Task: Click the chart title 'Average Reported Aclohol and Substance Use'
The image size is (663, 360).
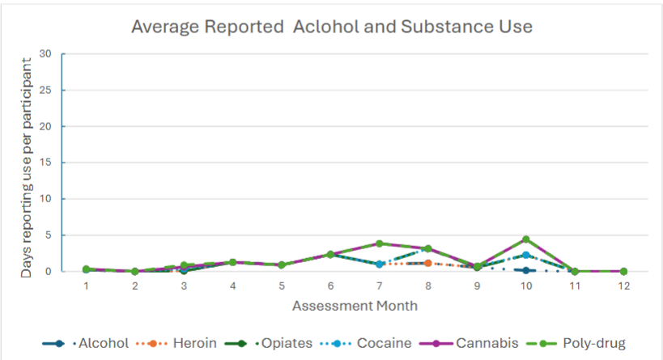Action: (332, 26)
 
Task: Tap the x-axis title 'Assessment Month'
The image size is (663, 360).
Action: (355, 306)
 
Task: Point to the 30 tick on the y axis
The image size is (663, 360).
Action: (45, 54)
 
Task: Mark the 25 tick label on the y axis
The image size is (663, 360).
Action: (45, 91)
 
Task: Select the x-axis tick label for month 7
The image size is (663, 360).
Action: (379, 286)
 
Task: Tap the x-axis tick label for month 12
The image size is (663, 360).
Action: (623, 286)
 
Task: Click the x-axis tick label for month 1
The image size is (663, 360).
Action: (86, 286)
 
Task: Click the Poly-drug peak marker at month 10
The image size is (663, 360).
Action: (525, 239)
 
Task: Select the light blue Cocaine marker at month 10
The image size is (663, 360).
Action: (525, 255)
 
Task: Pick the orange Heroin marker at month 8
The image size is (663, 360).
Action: (427, 263)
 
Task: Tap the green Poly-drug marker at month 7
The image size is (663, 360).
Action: (379, 244)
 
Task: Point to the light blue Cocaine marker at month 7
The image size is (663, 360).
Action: (379, 264)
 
